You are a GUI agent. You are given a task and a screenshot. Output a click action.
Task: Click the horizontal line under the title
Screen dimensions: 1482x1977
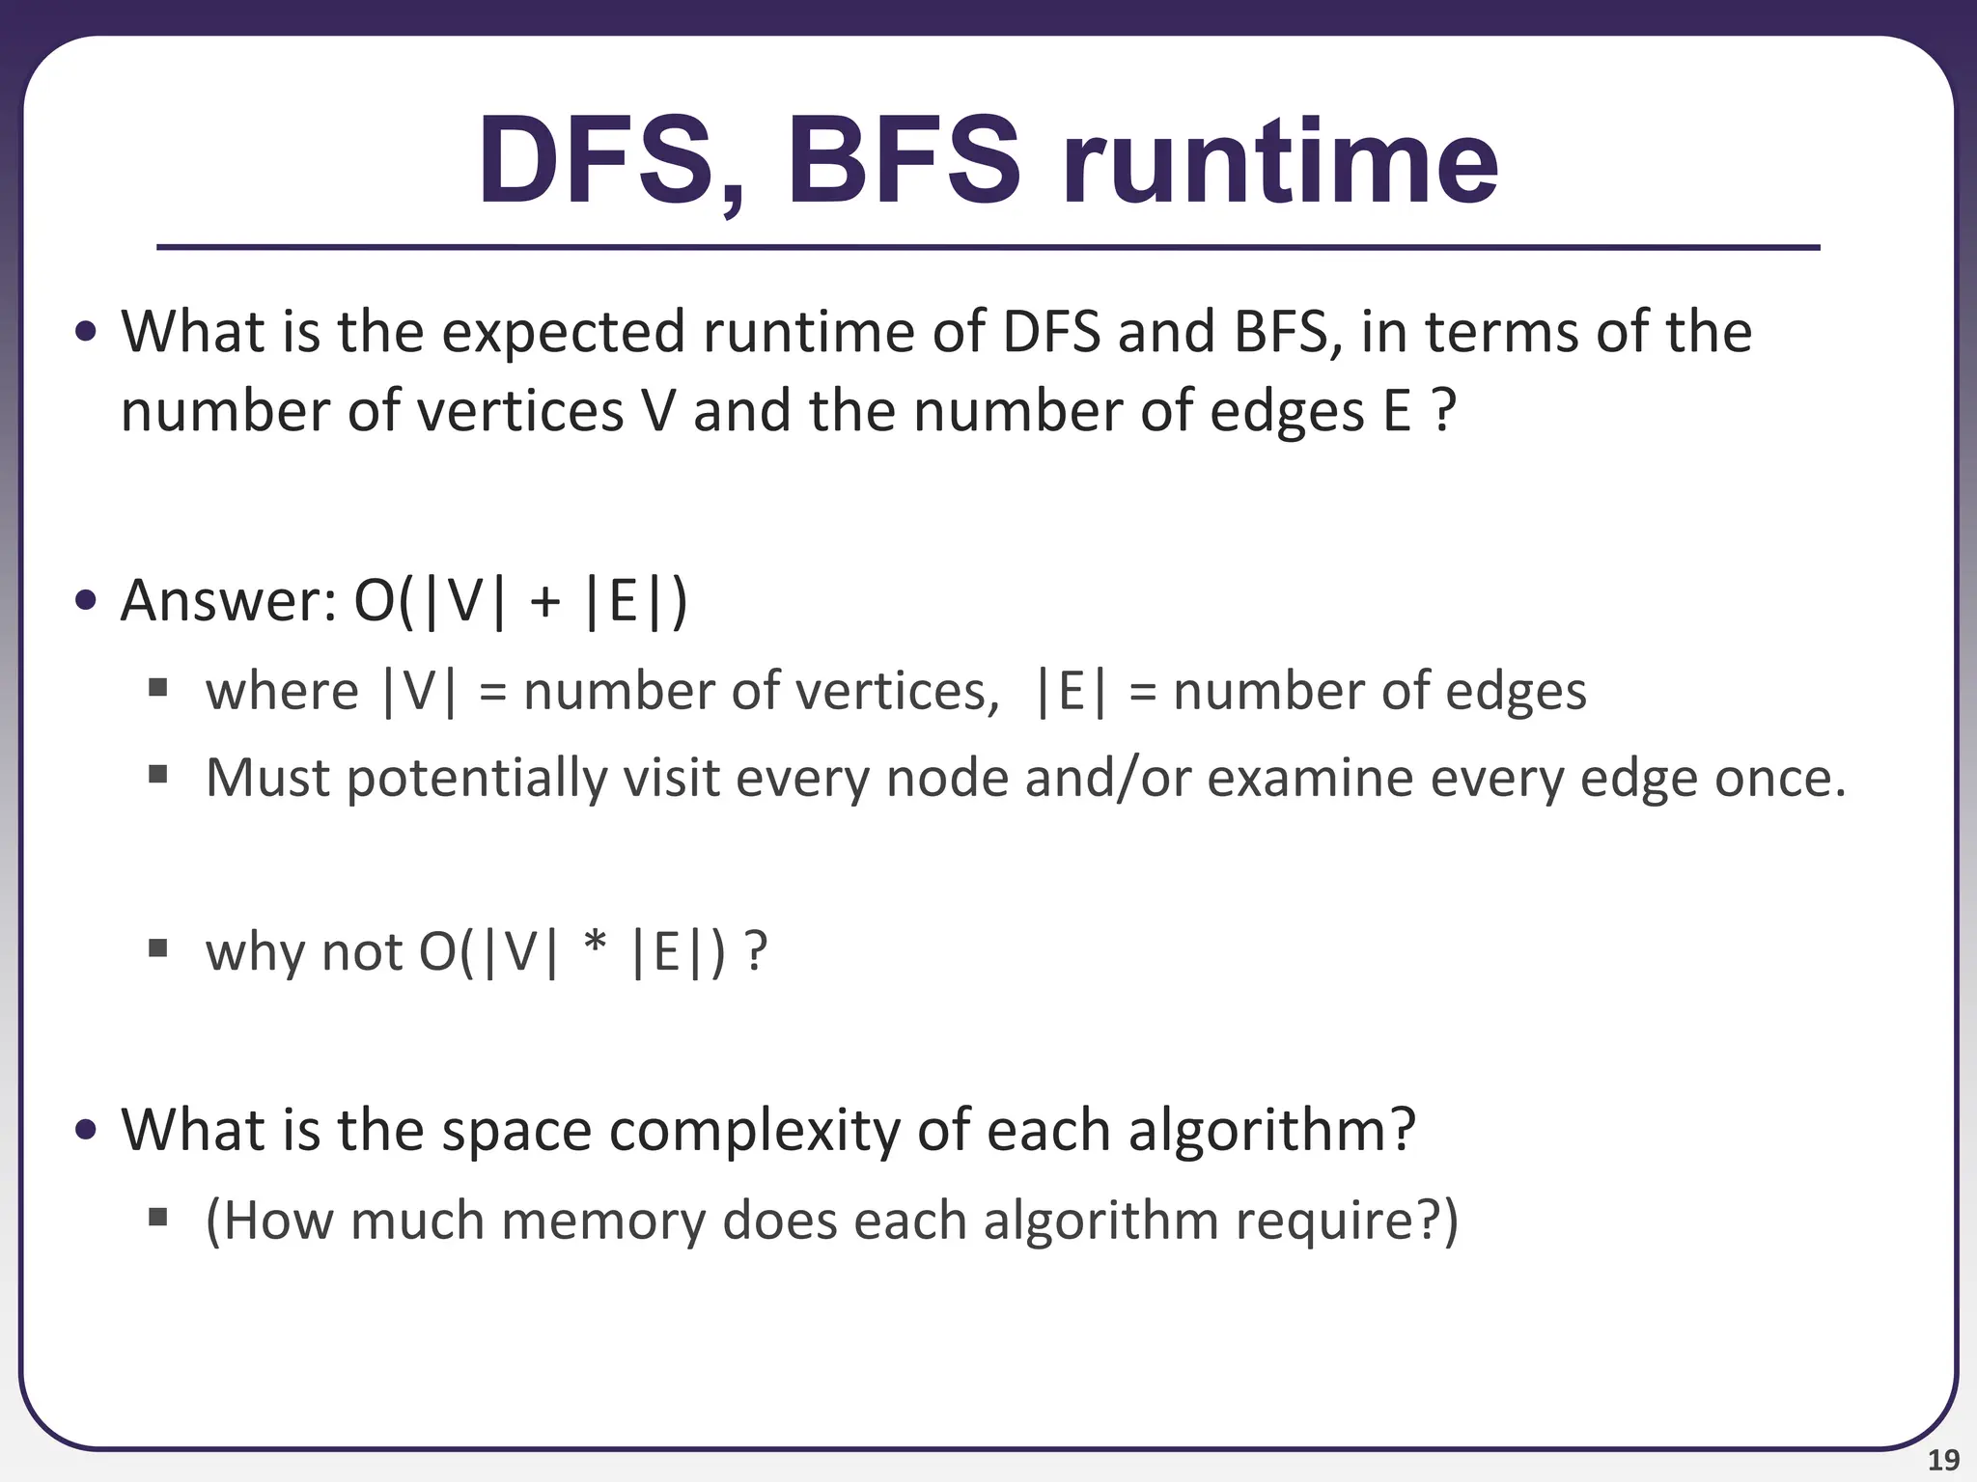point(988,248)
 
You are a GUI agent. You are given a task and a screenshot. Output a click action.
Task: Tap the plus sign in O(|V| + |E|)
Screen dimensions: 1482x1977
point(545,602)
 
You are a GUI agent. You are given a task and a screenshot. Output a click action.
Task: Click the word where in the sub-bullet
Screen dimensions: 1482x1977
point(282,691)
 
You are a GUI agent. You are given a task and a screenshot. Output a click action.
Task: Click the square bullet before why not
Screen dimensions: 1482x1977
point(158,947)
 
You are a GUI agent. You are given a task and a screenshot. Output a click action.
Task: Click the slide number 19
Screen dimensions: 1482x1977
point(1943,1460)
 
